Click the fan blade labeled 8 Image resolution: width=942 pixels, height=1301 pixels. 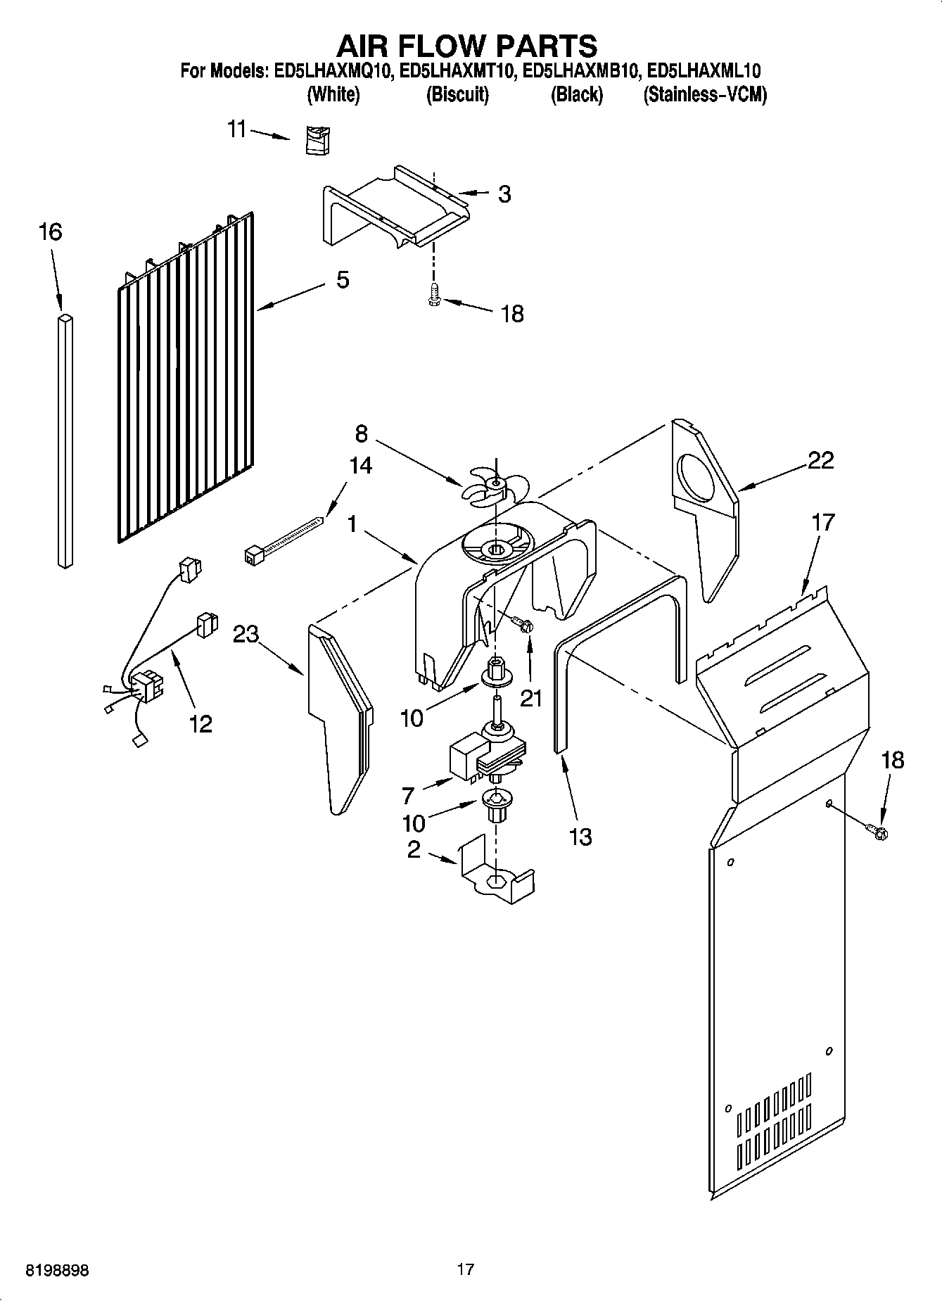point(495,486)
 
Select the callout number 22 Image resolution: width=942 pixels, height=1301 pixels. point(820,460)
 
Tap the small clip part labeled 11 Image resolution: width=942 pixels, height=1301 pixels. point(318,139)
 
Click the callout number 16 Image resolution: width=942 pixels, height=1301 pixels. point(51,231)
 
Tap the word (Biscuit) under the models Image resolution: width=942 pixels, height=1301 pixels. point(457,94)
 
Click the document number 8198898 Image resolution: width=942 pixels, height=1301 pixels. point(57,1270)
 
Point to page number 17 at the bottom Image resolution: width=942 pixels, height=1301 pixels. point(465,1269)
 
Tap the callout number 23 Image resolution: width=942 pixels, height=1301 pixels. point(246,634)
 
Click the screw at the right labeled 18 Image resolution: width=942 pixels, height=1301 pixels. point(878,832)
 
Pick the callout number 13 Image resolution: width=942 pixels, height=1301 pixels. point(580,837)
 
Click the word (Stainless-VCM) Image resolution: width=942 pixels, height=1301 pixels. point(704,94)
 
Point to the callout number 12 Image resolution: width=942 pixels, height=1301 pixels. point(201,723)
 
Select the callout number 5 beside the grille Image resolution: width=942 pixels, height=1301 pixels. point(342,279)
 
